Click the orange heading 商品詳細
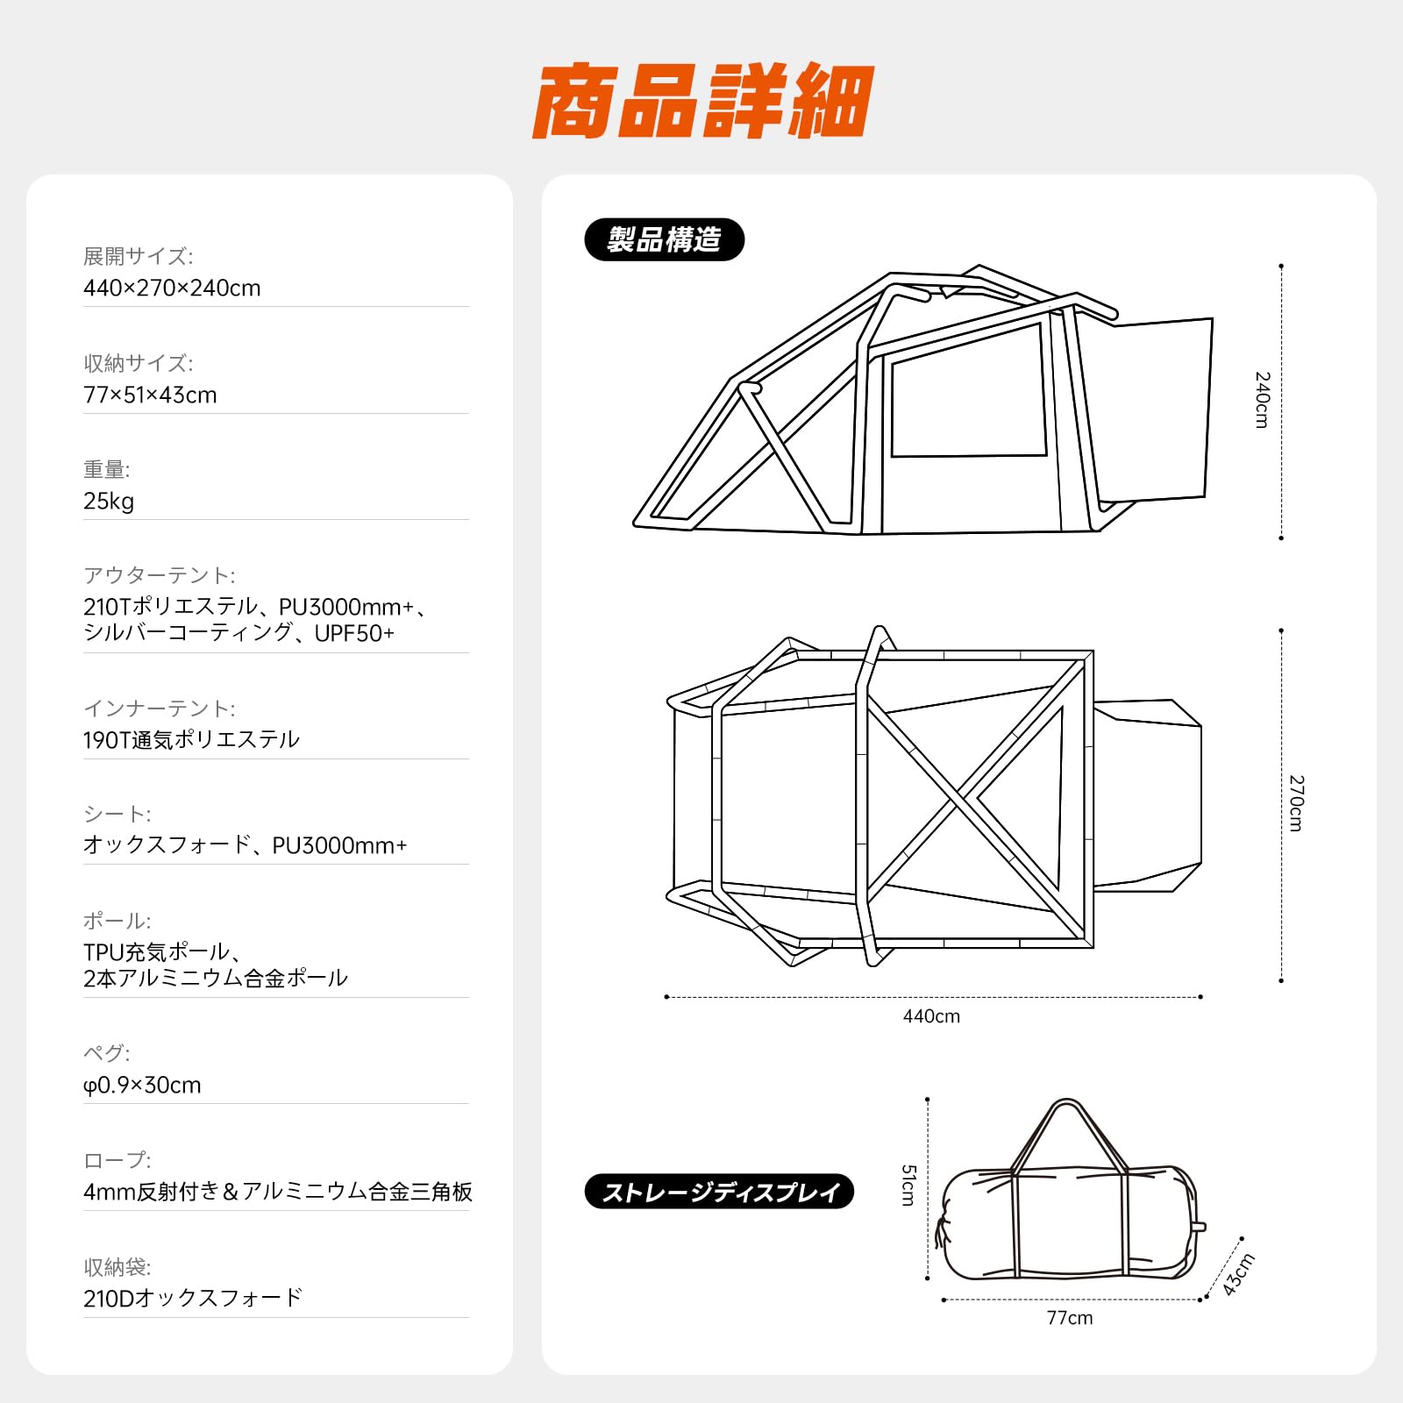(x=702, y=101)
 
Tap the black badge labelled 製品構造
(x=664, y=239)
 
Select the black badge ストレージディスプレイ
(x=719, y=1192)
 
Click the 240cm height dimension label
(x=1262, y=400)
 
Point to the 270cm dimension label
(x=1296, y=802)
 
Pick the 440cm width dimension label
(x=931, y=1016)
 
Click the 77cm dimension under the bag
(x=1069, y=1318)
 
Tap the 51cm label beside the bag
(x=908, y=1185)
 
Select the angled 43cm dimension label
(x=1238, y=1274)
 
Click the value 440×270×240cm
(x=172, y=288)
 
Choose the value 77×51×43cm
(x=150, y=395)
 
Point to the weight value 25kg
(x=109, y=502)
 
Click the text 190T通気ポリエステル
(x=191, y=740)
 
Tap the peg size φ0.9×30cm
(x=142, y=1086)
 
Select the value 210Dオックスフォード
(x=193, y=1299)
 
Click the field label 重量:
(x=106, y=470)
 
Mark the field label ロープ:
(x=117, y=1160)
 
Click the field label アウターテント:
(x=159, y=576)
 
